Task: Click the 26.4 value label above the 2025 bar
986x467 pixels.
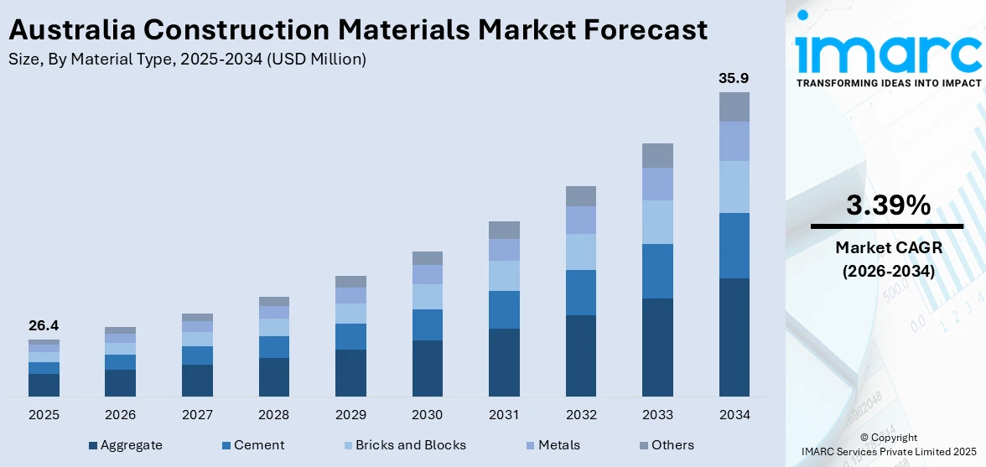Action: pos(44,325)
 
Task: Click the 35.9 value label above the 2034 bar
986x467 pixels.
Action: pos(734,78)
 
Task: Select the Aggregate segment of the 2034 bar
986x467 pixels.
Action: pos(734,337)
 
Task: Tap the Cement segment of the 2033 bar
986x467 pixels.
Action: pos(657,271)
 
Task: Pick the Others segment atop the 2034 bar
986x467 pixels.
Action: pos(734,106)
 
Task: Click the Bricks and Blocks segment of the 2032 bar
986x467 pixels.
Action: pos(580,252)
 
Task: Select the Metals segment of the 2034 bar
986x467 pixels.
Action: pos(734,141)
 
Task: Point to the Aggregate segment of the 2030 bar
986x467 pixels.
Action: pos(427,368)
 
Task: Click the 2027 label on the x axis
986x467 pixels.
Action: pos(197,414)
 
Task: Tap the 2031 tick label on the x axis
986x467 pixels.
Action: pos(504,414)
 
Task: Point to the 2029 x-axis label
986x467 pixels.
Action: pos(350,414)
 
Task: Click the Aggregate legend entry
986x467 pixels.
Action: pos(126,445)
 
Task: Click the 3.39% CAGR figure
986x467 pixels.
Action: pos(887,205)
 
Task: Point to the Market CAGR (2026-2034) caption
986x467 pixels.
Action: pos(887,259)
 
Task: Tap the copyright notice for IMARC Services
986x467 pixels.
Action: pos(888,444)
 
